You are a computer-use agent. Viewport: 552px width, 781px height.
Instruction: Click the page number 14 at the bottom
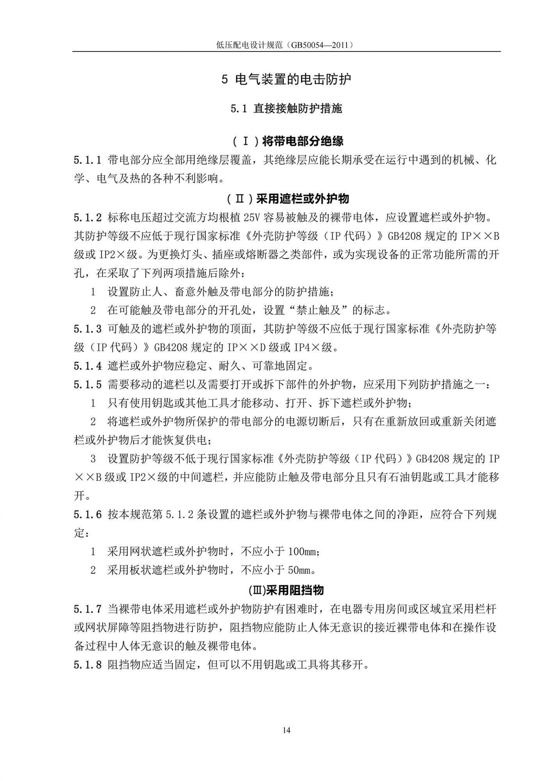click(x=287, y=730)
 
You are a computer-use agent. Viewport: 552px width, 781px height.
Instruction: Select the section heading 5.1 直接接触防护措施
click(x=286, y=109)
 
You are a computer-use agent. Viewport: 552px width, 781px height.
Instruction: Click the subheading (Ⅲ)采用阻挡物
click(x=286, y=590)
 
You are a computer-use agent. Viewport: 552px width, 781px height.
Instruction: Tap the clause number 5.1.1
click(x=87, y=160)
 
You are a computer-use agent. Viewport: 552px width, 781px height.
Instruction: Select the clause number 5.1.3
click(x=87, y=329)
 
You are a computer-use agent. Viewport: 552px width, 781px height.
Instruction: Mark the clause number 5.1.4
click(x=87, y=366)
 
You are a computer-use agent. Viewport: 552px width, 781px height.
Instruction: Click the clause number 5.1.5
click(x=87, y=385)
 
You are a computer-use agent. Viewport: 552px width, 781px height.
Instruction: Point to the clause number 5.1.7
click(x=87, y=609)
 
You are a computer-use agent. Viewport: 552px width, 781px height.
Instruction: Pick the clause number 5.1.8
click(x=87, y=665)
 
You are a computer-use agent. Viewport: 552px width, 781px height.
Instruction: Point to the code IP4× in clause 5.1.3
click(x=307, y=348)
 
